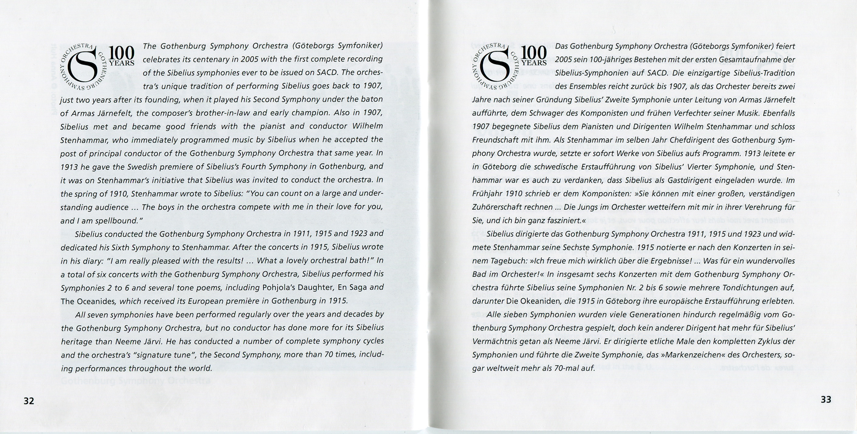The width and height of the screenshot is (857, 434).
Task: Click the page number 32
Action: click(x=29, y=401)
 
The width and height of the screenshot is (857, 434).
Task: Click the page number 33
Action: click(x=826, y=399)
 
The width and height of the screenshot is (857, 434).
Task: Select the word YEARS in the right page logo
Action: click(x=534, y=63)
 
